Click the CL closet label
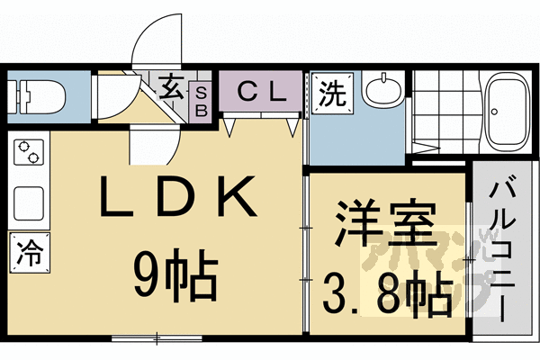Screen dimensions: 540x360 260,90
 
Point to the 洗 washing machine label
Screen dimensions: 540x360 333,94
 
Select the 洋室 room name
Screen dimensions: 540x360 386,225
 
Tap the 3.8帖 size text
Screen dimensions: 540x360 387,292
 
